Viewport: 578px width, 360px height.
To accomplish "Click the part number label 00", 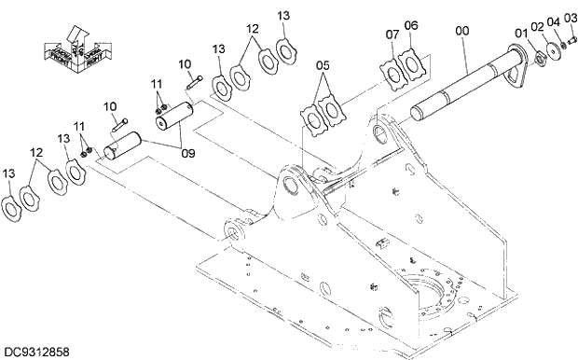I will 463,31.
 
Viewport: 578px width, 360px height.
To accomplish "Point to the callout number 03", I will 570,18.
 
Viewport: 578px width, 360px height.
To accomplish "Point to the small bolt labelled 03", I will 572,38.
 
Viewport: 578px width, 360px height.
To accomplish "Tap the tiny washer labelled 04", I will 564,43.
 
